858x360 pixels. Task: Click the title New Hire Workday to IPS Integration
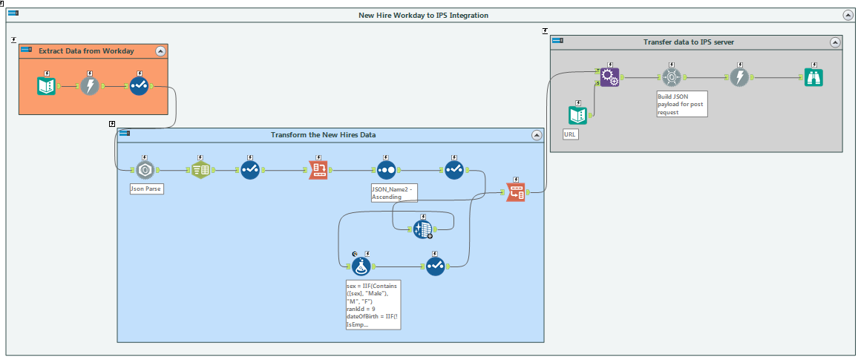click(x=424, y=15)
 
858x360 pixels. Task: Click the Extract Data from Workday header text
click(x=86, y=51)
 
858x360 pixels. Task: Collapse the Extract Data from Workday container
click(x=160, y=51)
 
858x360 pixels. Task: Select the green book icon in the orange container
click(x=47, y=86)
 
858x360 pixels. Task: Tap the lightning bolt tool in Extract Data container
click(x=90, y=86)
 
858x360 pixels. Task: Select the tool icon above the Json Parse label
click(x=145, y=170)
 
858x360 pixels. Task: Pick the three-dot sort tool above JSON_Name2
click(x=385, y=170)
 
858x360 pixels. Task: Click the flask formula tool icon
click(x=361, y=265)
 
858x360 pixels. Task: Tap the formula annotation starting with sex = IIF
click(x=373, y=304)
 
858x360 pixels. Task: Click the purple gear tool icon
click(x=609, y=77)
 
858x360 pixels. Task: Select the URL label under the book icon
click(x=571, y=135)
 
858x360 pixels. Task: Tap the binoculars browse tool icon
click(x=814, y=77)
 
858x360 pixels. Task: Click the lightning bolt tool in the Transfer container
click(x=739, y=77)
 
